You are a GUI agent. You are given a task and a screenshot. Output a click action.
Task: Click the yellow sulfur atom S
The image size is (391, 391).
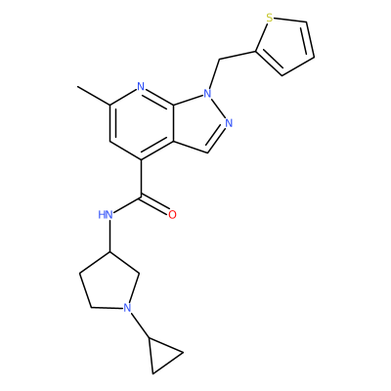[269, 18]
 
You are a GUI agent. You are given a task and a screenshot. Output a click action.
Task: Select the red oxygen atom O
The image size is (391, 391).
[172, 215]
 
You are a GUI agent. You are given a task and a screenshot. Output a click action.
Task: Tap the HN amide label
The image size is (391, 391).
[106, 215]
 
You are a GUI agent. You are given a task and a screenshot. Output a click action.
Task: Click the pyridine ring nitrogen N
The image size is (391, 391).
[141, 87]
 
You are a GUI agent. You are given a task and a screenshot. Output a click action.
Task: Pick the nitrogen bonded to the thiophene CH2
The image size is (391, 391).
[207, 94]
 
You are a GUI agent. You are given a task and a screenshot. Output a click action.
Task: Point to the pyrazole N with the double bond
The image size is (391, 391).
[229, 123]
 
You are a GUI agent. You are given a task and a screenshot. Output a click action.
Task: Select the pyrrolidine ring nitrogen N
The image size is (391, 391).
[127, 308]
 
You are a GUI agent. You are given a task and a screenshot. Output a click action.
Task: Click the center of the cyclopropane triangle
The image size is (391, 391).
[161, 355]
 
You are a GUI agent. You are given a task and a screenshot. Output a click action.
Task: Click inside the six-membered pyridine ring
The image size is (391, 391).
[141, 123]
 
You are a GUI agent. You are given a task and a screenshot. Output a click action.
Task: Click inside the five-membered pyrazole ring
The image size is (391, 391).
[197, 123]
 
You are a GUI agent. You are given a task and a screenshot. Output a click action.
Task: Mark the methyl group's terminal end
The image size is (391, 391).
[77, 87]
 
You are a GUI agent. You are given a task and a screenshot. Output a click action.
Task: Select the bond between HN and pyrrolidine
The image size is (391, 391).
[110, 236]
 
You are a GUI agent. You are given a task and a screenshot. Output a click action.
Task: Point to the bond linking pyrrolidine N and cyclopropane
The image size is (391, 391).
[140, 326]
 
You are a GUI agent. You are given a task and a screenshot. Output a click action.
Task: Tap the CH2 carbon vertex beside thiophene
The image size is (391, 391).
[219, 60]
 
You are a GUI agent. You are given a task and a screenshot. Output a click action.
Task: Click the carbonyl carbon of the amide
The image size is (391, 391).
[141, 196]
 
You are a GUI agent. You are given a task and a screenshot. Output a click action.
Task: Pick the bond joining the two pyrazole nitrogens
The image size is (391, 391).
[218, 109]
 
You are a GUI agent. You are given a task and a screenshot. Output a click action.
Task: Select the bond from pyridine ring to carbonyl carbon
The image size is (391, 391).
[141, 178]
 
